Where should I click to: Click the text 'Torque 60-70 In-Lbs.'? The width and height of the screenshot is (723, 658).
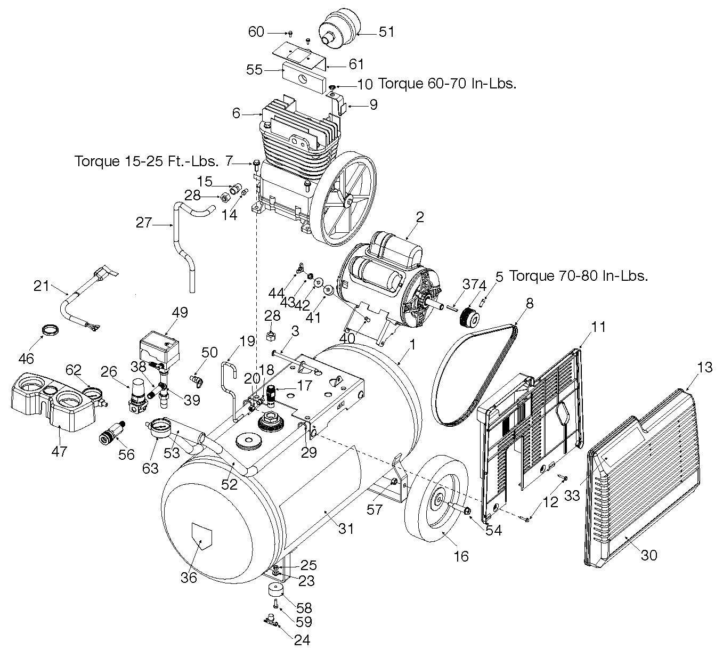click(447, 84)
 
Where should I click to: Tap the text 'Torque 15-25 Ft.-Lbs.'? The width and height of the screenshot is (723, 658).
click(147, 161)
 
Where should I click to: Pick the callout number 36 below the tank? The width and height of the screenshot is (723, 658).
click(189, 578)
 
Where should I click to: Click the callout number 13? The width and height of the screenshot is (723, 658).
click(704, 367)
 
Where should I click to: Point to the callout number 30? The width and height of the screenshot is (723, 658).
click(649, 555)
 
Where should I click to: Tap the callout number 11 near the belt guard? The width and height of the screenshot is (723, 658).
click(599, 327)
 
